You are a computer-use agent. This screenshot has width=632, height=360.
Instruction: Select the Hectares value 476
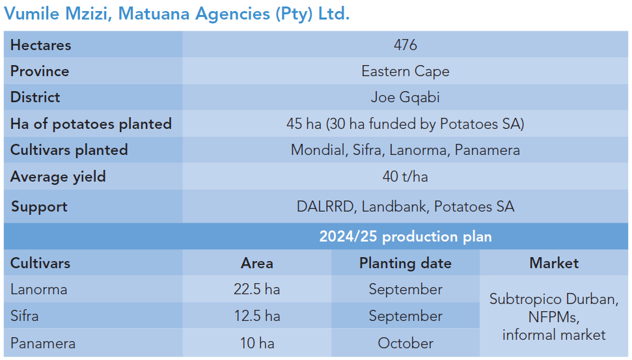tap(405, 45)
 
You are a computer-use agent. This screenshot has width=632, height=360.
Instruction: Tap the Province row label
tap(40, 71)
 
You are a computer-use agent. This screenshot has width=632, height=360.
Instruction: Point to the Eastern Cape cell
tap(405, 71)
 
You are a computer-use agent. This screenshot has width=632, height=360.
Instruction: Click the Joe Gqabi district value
tap(405, 97)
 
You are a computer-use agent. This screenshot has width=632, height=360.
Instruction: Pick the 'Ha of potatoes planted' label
tap(91, 124)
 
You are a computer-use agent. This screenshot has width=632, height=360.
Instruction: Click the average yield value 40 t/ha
tap(405, 176)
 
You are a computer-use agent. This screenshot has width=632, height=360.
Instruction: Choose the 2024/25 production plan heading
tap(405, 236)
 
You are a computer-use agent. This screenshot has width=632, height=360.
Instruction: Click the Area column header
tap(256, 263)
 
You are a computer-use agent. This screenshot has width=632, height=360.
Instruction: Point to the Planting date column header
tap(405, 263)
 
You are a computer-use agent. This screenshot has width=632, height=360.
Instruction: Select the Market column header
tap(554, 263)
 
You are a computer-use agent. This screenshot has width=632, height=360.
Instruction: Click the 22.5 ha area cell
tap(256, 289)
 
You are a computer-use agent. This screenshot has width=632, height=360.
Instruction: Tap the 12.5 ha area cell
tap(256, 316)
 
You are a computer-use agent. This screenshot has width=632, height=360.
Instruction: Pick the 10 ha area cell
tap(256, 343)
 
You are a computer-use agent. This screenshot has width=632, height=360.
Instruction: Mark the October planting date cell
tap(405, 343)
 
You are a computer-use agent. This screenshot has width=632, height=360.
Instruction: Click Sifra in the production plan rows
tap(25, 316)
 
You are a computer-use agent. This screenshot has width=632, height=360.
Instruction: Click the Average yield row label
tap(58, 176)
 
